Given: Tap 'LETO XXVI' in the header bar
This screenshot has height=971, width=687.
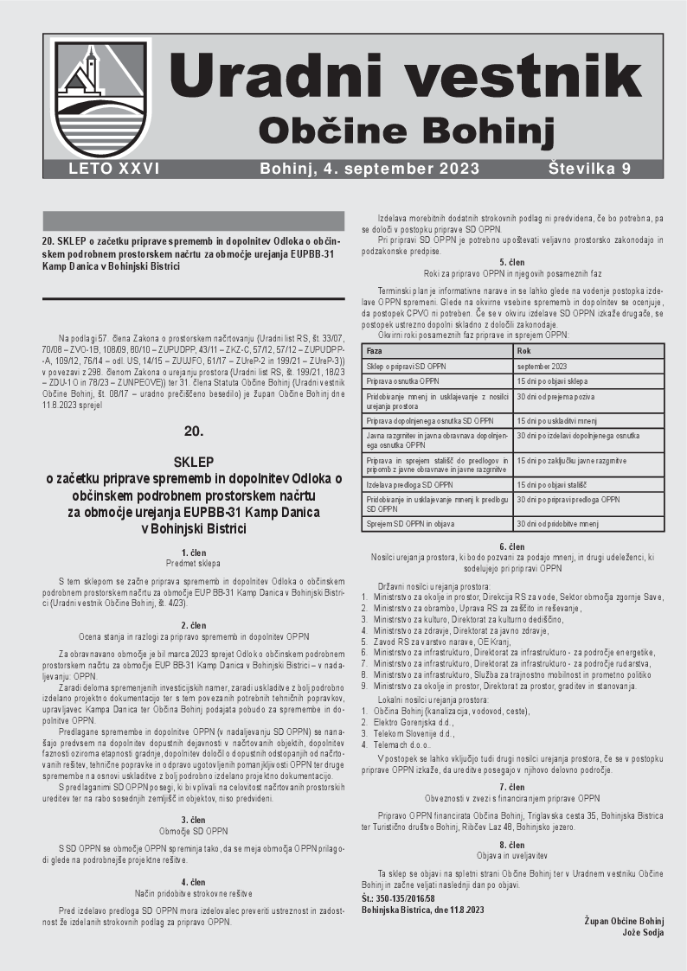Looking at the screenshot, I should pos(114,169).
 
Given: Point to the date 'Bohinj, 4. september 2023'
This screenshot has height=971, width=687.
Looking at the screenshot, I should pos(369,169).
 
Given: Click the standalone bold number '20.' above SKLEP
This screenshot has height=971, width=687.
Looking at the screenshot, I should pos(194,430).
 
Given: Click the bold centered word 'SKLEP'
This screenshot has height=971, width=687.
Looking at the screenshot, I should pos(194,461).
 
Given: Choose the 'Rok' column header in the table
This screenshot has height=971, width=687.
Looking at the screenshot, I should pos(523,352).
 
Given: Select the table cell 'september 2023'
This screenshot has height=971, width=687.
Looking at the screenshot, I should pos(541,366).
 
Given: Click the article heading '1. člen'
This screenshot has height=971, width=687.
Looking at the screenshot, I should pos(194,553).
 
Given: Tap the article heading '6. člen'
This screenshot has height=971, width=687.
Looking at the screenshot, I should pos(512,547).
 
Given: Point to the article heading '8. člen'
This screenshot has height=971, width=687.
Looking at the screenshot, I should pos(512,844).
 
